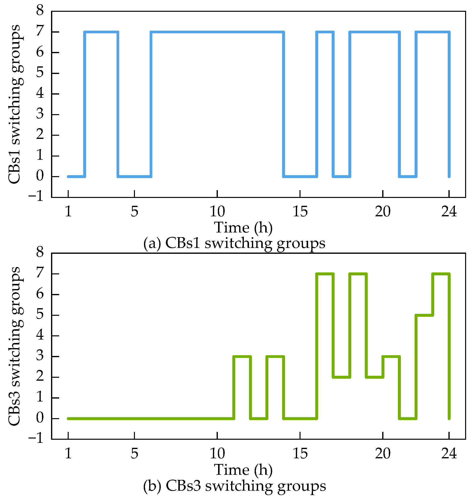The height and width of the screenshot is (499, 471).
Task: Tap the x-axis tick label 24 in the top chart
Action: coord(449,212)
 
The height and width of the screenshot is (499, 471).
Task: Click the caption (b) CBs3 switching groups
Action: coord(234,486)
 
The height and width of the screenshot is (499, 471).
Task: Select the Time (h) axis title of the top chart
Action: coord(243,227)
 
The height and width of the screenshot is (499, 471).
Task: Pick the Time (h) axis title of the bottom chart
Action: coord(243,470)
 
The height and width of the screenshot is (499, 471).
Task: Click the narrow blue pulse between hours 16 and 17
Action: coord(325,32)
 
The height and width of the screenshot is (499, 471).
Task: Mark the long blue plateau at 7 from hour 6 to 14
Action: coord(217,32)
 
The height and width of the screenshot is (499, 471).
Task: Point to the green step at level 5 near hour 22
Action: coord(424,315)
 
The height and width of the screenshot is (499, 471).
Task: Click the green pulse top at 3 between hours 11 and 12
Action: coord(242,356)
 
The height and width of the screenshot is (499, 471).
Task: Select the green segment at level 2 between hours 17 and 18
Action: coord(341,377)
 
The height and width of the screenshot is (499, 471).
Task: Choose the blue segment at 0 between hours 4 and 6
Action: coord(134,176)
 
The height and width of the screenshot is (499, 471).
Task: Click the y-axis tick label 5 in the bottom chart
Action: coord(40,315)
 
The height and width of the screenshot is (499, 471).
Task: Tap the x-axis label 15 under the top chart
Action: coord(300,212)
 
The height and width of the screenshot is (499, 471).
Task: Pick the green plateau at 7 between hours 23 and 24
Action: coord(441,274)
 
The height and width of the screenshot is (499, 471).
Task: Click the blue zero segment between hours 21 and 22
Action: coord(408,176)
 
